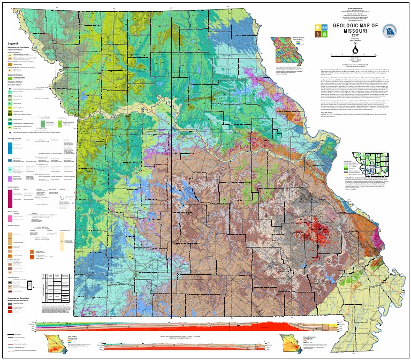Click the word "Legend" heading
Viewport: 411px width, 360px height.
pyautogui.click(x=14, y=43)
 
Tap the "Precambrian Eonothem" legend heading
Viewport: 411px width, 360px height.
pyautogui.click(x=22, y=297)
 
